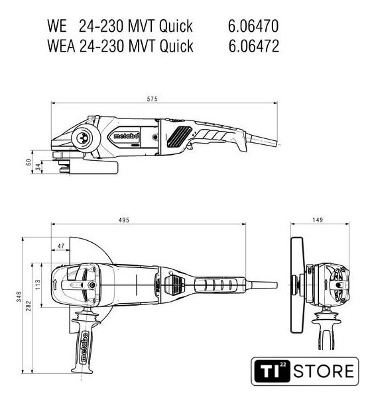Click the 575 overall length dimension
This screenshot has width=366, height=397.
(152, 99)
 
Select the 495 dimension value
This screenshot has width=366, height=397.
(124, 220)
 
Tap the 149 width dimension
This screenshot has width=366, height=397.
(318, 220)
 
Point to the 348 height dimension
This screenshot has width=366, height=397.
(19, 296)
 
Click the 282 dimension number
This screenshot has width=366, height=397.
(29, 305)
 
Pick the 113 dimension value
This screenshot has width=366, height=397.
(38, 285)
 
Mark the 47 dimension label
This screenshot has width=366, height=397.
(61, 246)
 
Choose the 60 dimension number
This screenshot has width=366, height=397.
(29, 162)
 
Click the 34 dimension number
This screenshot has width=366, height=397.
(38, 167)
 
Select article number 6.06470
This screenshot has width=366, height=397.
(253, 26)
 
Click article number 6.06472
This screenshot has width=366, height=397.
(254, 46)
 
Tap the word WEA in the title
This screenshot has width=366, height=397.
(61, 46)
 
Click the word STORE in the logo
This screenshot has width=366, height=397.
(324, 371)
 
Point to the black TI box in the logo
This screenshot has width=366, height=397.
(272, 371)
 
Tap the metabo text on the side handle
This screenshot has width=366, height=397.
(84, 346)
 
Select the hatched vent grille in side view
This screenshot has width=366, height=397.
(179, 137)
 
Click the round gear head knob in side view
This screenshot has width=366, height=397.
(82, 138)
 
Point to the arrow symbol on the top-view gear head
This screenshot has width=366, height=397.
(55, 285)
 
